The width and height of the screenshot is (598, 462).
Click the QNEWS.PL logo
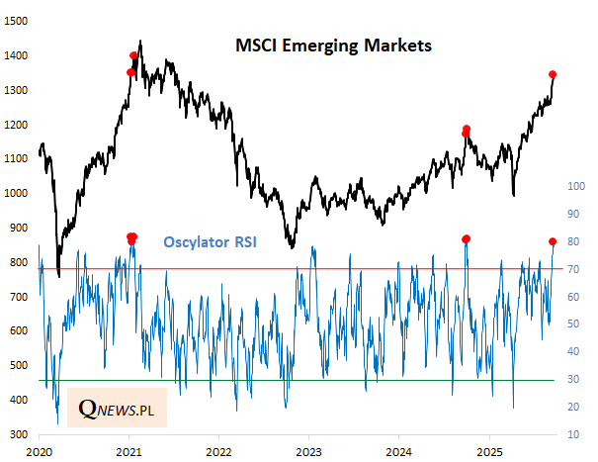(x=123, y=407)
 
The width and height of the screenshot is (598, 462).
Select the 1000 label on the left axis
(x=15, y=194)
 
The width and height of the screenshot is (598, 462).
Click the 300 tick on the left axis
(x=18, y=434)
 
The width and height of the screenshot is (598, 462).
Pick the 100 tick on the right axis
(x=572, y=185)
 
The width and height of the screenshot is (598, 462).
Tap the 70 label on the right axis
(x=574, y=268)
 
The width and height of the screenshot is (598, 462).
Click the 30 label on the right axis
(x=574, y=379)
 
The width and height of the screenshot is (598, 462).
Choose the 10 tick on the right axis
(x=574, y=434)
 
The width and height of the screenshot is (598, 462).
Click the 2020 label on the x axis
(x=40, y=450)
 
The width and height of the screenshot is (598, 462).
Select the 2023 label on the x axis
(x=308, y=450)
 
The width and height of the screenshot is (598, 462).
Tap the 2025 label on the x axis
(x=487, y=450)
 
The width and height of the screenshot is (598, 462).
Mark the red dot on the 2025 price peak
(x=553, y=75)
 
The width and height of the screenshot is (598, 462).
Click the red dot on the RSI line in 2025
(x=553, y=241)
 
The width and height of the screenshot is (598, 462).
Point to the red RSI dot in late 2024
(x=466, y=238)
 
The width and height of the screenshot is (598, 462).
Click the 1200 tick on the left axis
(x=15, y=125)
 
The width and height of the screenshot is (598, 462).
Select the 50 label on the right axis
(x=574, y=323)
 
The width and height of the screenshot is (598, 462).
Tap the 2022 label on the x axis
(x=218, y=450)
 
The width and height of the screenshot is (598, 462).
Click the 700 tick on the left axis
(x=18, y=297)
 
